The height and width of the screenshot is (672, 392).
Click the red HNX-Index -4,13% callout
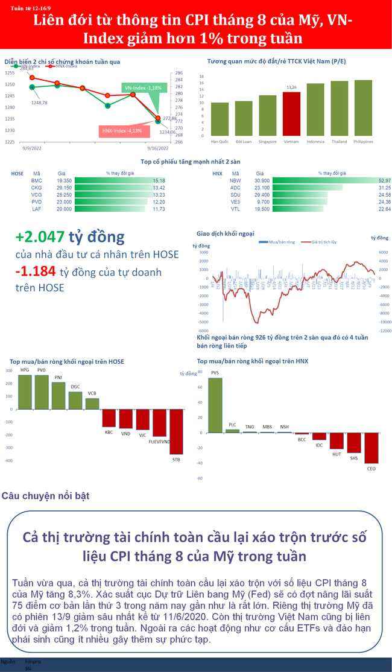pos(122,131)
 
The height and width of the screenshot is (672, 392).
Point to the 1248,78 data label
pos(39,103)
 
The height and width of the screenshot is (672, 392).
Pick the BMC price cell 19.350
pos(64,180)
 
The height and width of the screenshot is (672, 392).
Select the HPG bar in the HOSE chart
pos(25,391)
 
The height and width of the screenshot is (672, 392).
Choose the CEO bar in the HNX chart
pos(371,447)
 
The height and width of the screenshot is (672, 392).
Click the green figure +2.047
pos(39,236)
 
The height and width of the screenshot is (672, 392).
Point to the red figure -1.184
pos(37,272)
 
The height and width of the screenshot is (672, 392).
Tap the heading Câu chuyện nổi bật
pos(45,496)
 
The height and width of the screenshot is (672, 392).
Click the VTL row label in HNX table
pos(235,209)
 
